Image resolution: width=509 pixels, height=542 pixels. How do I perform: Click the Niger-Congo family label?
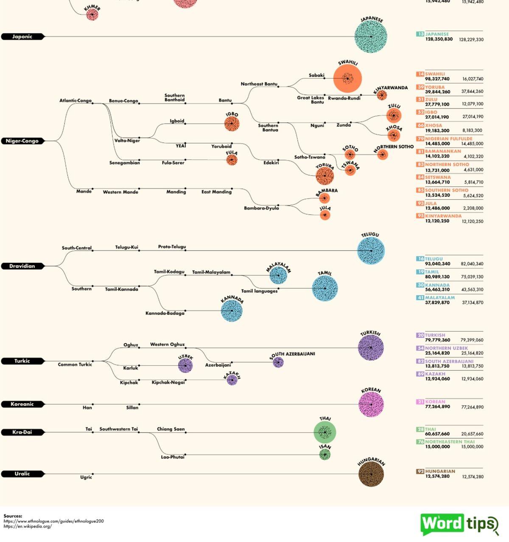point(22,141)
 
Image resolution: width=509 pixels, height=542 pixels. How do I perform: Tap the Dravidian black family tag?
point(22,266)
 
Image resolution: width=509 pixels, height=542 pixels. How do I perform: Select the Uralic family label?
point(22,474)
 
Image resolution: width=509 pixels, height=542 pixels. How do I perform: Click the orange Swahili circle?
point(347,79)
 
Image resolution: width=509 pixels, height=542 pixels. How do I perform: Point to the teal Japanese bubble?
point(371,37)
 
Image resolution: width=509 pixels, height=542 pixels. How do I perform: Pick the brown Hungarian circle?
point(371,474)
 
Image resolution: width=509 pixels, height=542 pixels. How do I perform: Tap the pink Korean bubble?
point(371,404)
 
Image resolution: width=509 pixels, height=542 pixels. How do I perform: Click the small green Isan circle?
point(325,455)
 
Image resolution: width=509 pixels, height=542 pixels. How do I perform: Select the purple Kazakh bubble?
point(232,380)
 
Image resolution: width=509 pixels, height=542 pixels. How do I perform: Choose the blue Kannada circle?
point(232,311)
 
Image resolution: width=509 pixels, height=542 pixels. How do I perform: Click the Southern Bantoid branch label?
point(174,98)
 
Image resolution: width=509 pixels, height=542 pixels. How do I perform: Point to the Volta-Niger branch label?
point(127,141)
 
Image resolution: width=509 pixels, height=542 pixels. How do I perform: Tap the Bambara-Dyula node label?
point(261,208)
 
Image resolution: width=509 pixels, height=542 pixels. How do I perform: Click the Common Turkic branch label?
point(75,364)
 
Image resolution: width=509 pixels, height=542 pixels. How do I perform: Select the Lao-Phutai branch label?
point(173,457)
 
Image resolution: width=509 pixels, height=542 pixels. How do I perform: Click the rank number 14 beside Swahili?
point(420,74)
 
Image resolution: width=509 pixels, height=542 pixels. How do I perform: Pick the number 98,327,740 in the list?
point(437,79)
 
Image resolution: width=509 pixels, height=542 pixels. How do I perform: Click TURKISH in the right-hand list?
point(435,335)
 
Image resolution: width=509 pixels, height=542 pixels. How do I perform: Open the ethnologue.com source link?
point(53,521)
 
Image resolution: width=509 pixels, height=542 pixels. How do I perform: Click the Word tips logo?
point(459,524)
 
